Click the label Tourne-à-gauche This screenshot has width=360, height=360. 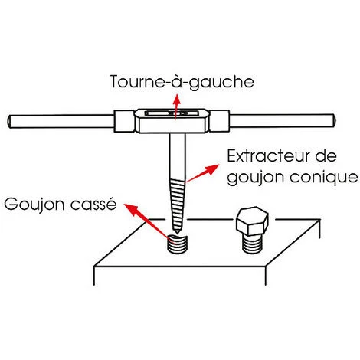tap(182, 82)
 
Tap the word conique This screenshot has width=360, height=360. tap(324, 177)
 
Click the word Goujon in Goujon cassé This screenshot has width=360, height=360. tap(35, 205)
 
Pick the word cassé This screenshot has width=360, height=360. tap(93, 204)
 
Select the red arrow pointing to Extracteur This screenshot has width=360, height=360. tap(202, 173)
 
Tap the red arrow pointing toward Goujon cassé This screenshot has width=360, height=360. tap(146, 221)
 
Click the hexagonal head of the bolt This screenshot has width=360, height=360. tap(252, 221)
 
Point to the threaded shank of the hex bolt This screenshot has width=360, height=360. tap(252, 244)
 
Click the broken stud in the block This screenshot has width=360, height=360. tap(177, 244)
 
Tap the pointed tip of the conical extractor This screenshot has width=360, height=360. tap(176, 233)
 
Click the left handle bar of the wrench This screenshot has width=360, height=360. tap(61, 122)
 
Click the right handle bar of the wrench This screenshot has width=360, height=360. tap(282, 120)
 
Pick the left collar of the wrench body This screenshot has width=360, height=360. tap(124, 121)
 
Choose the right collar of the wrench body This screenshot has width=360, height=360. tap(220, 121)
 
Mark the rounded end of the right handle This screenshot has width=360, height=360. tap(334, 120)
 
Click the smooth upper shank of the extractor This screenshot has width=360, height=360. tap(177, 157)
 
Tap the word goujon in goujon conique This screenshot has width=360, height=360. tap(256, 177)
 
